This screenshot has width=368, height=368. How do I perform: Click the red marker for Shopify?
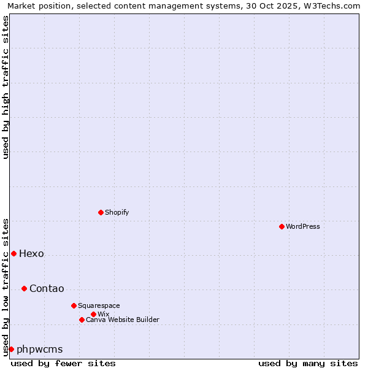pos(101,212)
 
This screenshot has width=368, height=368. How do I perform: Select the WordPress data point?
pos(282,226)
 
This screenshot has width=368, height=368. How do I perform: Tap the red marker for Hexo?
pos(13,253)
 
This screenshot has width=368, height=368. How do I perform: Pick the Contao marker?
pos(24,288)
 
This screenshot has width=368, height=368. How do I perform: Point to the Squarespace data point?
pos(74,305)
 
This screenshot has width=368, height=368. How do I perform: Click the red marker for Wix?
pos(93,314)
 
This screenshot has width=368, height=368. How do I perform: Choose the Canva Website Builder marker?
pos(82,320)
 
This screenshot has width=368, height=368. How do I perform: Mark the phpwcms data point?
pos(11,349)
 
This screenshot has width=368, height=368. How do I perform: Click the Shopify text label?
pos(117,212)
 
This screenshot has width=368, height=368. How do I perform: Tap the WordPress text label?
pos(303,226)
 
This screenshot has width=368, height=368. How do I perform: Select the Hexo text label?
pos(31,253)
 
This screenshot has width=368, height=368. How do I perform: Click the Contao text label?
pos(47,288)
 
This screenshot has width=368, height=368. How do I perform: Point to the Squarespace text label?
pos(99,305)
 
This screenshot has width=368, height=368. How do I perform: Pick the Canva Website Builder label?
pos(122,320)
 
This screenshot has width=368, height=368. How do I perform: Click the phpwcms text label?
pos(40,349)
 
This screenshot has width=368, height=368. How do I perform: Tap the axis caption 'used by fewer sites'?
pos(63,363)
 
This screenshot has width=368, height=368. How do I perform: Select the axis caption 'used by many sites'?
pos(308,363)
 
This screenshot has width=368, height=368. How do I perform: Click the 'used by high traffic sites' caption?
pos(6,87)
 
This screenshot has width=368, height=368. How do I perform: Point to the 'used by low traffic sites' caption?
pos(6,287)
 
